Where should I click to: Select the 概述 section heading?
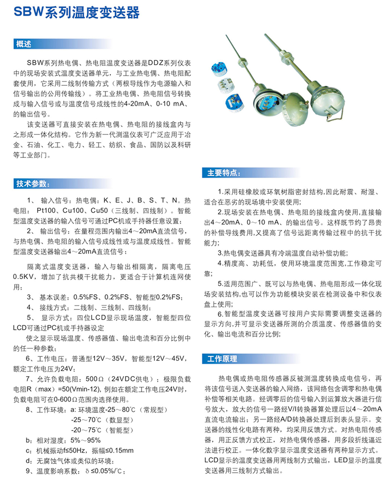24,44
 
